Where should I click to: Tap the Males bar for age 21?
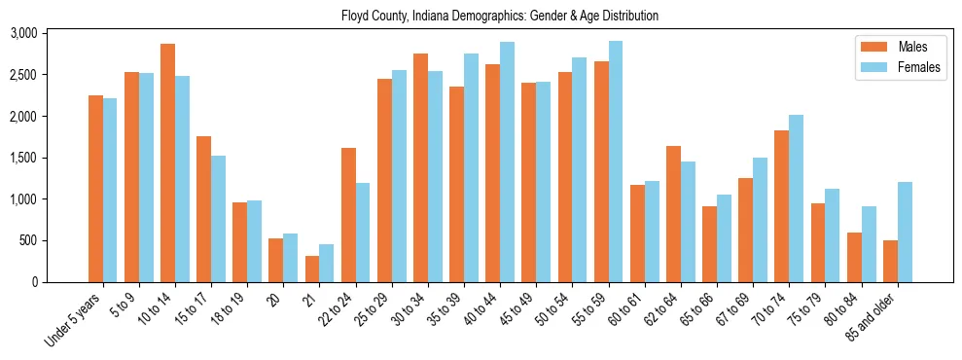pyautogui.click(x=312, y=269)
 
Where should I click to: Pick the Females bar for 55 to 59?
pyautogui.click(x=616, y=162)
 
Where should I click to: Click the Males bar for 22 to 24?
pyautogui.click(x=348, y=215)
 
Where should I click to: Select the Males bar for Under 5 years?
pyautogui.click(x=95, y=189)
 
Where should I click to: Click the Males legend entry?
pyautogui.click(x=891, y=47)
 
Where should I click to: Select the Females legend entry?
pyautogui.click(x=891, y=69)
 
